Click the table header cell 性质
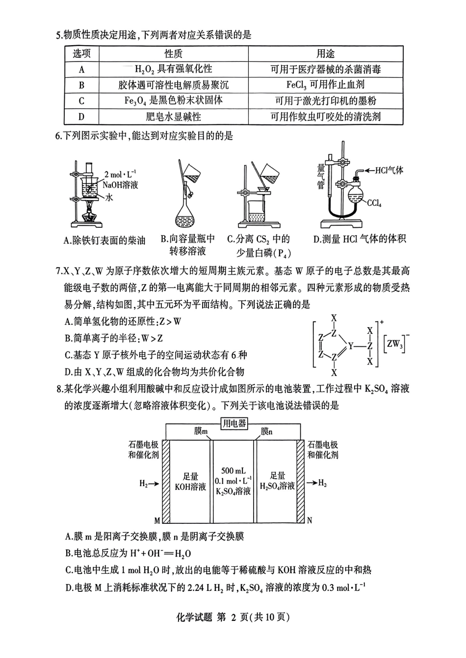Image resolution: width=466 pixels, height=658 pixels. click(174, 54)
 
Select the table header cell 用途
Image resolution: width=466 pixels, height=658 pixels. click(325, 54)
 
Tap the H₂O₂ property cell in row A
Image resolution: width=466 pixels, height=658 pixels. click(174, 70)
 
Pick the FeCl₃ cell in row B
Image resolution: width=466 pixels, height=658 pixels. click(325, 85)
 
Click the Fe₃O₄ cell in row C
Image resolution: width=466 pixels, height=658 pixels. click(174, 100)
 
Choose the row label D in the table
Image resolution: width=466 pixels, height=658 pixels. click(81, 117)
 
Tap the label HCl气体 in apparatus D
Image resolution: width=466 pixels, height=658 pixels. click(389, 171)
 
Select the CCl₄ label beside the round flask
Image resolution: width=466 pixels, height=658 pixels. click(374, 202)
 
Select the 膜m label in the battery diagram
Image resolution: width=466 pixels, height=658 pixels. click(201, 431)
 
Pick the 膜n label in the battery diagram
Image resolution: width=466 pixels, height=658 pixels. click(267, 431)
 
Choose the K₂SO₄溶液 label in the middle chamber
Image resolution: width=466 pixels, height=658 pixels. click(234, 491)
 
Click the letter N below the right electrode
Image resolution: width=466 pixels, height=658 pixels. click(309, 520)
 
